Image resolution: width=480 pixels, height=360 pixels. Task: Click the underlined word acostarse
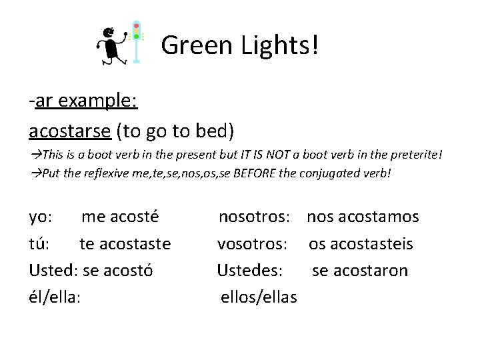click(69, 131)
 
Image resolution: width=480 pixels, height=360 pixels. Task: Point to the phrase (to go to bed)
click(175, 131)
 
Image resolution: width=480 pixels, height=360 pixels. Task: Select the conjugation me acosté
click(120, 217)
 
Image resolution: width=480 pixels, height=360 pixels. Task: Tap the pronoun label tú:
click(39, 244)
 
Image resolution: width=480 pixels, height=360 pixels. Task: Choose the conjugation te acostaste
click(125, 244)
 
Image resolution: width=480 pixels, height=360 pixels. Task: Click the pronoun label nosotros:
click(255, 217)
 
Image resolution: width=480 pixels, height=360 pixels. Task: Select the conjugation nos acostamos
click(363, 217)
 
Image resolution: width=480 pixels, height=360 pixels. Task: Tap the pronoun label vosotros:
click(253, 244)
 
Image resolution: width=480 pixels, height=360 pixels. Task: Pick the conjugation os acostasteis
click(360, 244)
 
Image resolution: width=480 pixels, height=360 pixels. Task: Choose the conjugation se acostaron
click(359, 271)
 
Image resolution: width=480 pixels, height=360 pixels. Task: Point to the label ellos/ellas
click(259, 297)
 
